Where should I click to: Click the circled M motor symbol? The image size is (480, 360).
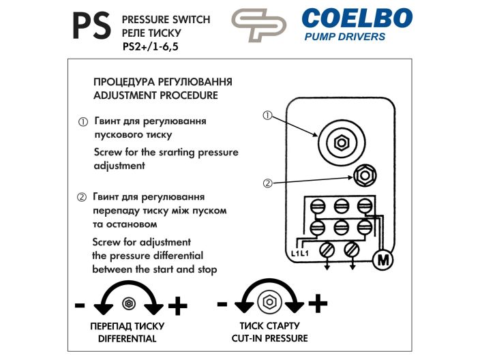(382, 260)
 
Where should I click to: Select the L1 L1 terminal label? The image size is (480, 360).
(300, 254)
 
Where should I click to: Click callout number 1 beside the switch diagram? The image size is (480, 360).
(268, 117)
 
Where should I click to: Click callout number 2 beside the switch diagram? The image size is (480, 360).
(268, 183)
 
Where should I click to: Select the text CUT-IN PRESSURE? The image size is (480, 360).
(269, 338)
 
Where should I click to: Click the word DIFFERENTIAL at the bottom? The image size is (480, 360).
(127, 339)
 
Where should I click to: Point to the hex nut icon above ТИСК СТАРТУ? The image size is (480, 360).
(269, 301)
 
